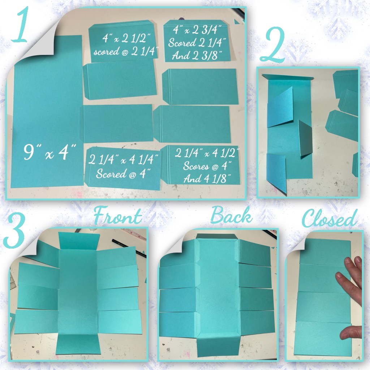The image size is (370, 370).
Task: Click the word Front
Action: (118, 215)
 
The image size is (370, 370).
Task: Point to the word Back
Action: (231, 215)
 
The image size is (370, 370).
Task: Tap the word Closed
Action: (330, 218)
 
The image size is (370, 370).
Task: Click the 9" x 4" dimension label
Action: (50, 152)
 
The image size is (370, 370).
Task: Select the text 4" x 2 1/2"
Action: (126, 38)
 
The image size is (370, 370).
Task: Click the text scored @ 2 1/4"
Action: (126, 51)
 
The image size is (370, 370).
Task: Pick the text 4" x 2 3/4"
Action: (197, 30)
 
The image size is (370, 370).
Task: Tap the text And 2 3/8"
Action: (197, 55)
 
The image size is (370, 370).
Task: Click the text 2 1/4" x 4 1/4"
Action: (123, 159)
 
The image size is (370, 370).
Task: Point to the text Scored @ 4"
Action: (123, 174)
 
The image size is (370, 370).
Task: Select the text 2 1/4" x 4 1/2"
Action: (207, 153)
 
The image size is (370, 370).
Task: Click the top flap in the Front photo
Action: (79, 241)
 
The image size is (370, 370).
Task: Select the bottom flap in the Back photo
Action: (218, 347)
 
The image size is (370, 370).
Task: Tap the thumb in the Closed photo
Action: (352, 333)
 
